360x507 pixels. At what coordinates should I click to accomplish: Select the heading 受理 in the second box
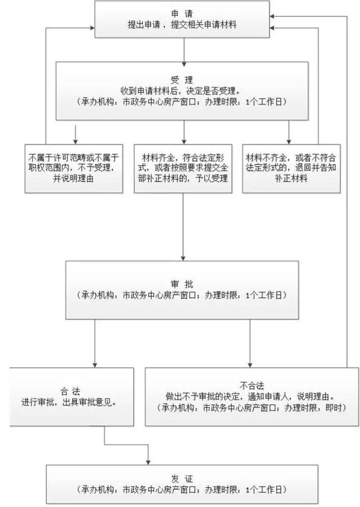tap(183, 80)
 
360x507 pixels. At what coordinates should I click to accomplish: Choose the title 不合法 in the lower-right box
tap(252, 386)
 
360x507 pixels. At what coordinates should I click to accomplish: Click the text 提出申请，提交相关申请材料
tap(183, 26)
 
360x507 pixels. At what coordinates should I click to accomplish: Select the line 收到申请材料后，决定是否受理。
tap(183, 91)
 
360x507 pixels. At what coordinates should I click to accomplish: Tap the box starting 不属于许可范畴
tap(74, 169)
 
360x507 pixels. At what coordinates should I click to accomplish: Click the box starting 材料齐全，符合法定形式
tap(183, 169)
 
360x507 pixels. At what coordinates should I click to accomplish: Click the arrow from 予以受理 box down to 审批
tap(183, 225)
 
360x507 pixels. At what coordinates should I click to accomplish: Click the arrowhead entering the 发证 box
tap(148, 461)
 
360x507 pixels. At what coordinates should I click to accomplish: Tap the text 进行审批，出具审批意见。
tap(71, 402)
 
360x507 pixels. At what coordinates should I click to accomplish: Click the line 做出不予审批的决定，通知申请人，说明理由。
tap(252, 396)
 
